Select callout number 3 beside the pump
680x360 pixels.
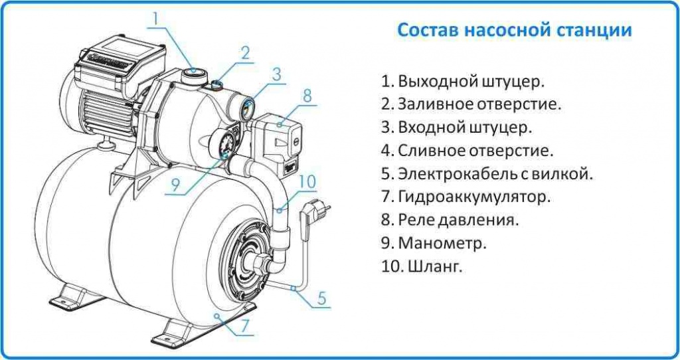tap(277, 74)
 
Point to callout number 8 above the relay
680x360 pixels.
tap(307, 95)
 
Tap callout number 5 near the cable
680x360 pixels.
tap(321, 298)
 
